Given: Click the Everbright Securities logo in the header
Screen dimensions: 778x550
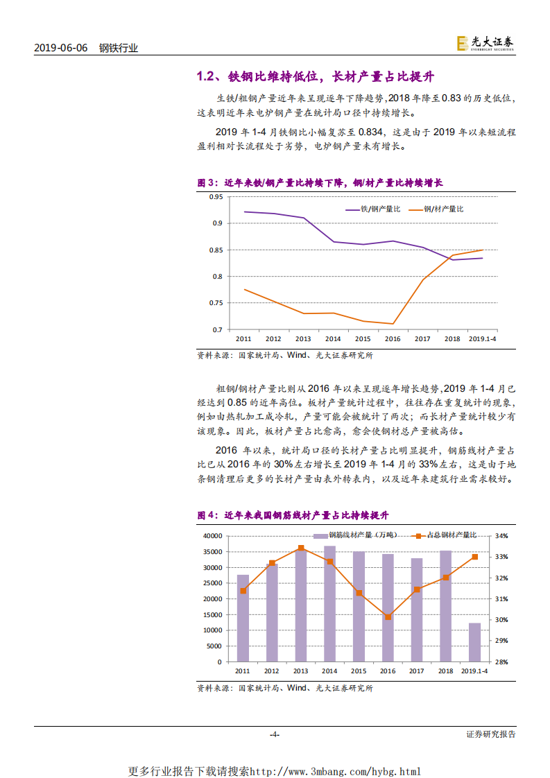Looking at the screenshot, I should (485, 43).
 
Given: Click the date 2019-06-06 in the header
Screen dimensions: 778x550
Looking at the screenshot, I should (61, 48).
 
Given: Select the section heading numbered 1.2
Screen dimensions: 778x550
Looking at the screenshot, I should (315, 76).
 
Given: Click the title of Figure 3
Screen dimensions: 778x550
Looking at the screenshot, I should (320, 183).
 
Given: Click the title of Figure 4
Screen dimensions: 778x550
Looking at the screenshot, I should (293, 516).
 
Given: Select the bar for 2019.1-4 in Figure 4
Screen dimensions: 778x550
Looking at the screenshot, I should (475, 642).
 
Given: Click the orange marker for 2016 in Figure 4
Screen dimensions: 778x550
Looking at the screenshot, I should (388, 616).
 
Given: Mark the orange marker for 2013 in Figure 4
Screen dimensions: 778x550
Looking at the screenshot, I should (300, 548).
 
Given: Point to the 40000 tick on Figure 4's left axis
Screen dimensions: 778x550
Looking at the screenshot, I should (212, 536).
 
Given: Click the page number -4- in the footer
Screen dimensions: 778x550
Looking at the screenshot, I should (275, 734).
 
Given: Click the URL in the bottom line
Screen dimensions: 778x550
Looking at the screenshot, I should (334, 771).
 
